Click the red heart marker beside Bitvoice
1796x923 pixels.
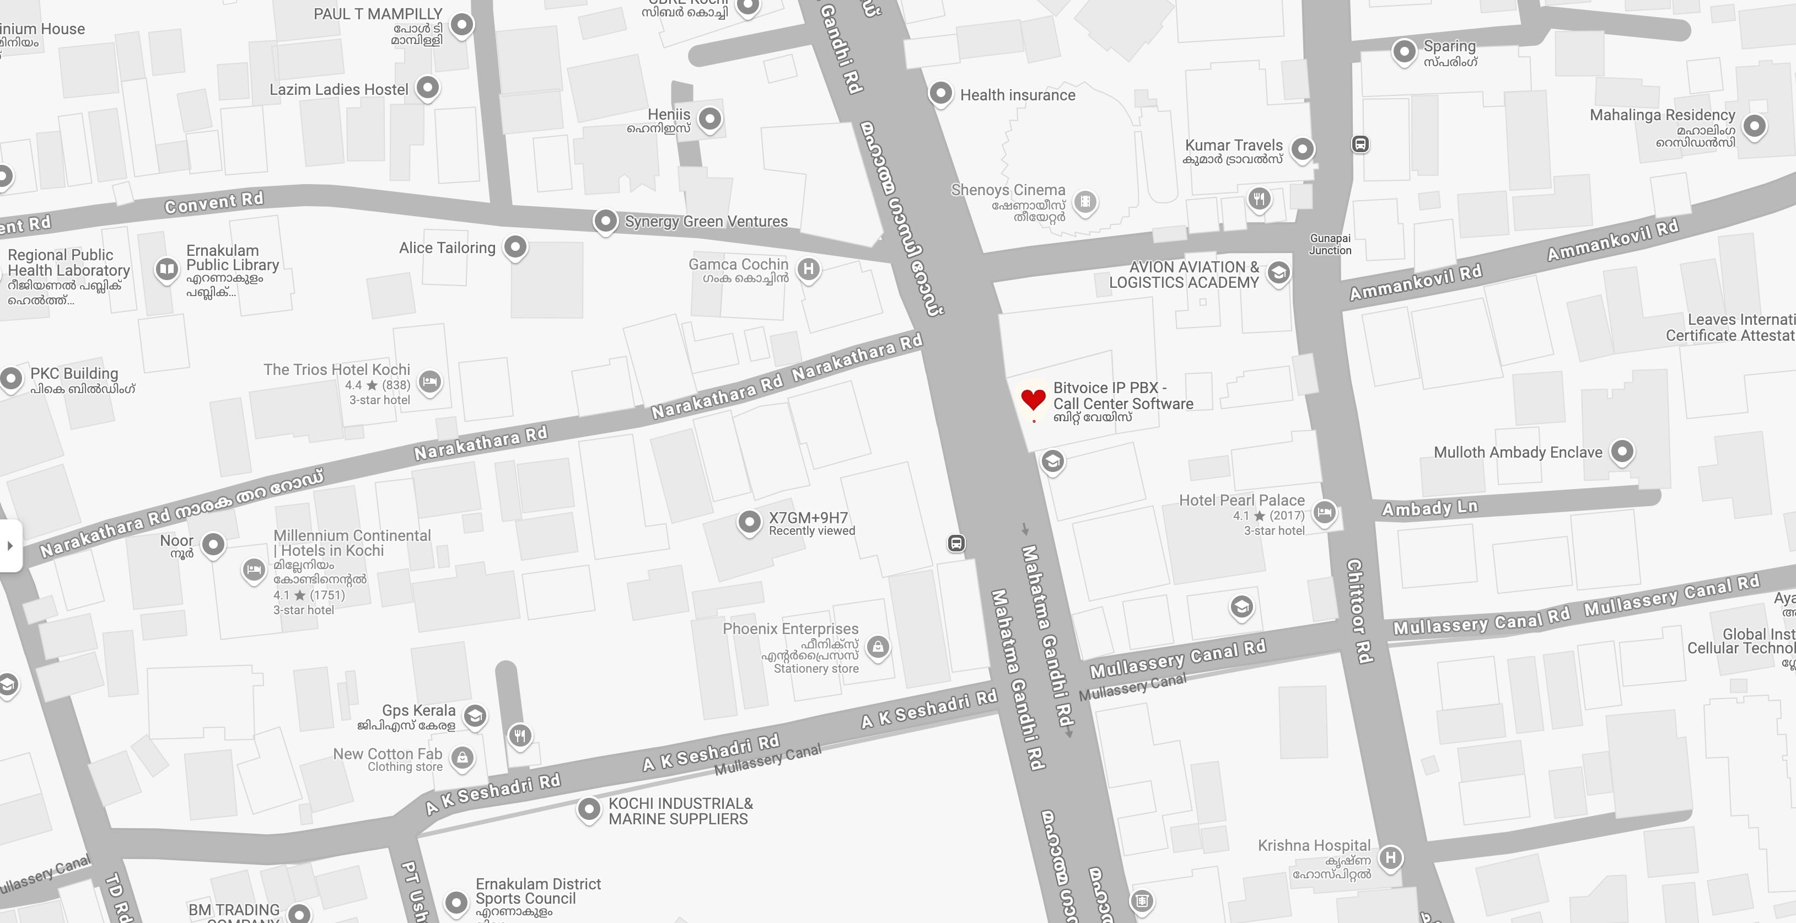coord(1033,399)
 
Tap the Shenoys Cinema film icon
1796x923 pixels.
coord(1085,202)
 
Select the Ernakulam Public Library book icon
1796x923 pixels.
coord(166,269)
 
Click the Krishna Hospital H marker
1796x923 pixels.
coord(1390,857)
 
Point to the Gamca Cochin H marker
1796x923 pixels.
coord(808,269)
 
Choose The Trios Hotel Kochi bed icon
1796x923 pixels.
coord(429,382)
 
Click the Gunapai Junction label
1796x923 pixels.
coord(1330,244)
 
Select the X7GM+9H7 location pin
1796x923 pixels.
coord(749,522)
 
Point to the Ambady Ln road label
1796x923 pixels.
coord(1429,508)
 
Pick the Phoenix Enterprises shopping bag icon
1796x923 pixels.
coord(878,647)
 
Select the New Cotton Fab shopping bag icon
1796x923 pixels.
coord(463,757)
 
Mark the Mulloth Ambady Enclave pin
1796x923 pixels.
coord(1622,451)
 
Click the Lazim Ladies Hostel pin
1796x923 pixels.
coord(427,88)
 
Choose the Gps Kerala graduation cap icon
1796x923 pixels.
coord(475,715)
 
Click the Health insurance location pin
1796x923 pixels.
coord(940,93)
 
